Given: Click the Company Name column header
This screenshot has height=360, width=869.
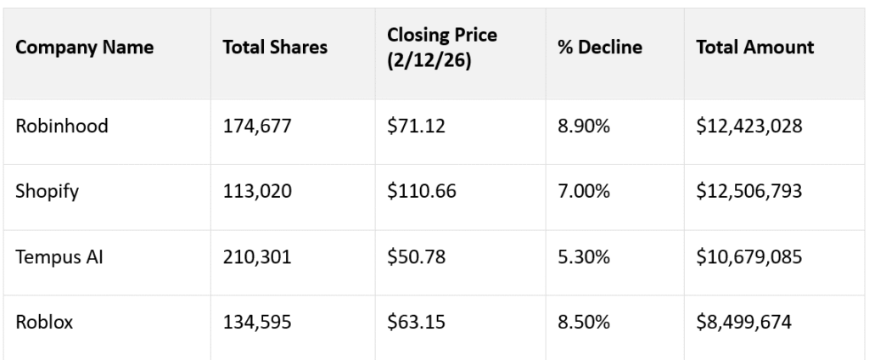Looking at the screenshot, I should (85, 48).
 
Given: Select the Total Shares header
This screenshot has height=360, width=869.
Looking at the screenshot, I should (274, 48).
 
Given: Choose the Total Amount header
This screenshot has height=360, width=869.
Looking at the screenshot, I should (754, 48).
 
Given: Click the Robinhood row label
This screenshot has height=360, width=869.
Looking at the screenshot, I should (61, 127).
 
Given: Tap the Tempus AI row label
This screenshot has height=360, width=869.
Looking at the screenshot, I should (59, 256).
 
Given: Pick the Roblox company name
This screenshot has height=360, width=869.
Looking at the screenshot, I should (43, 321).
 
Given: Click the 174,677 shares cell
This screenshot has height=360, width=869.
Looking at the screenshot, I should (257, 127).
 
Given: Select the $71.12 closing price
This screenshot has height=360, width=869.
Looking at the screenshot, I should (414, 127).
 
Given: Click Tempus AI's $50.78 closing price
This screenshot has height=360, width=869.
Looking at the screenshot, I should (414, 256).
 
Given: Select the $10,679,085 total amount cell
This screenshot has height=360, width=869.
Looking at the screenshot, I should (748, 256).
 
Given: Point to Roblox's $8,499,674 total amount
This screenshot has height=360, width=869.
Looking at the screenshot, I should (743, 321).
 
